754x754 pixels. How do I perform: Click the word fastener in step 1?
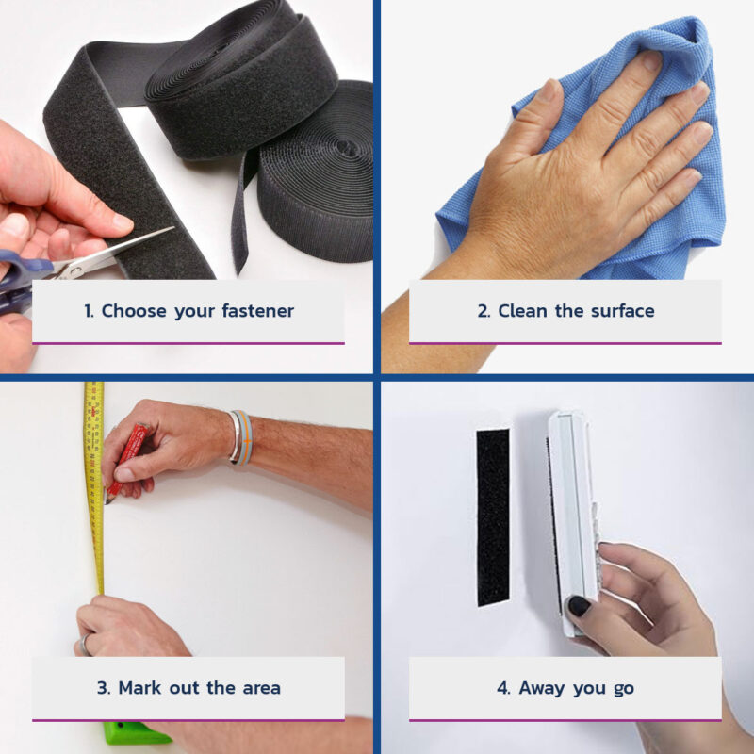pyautogui.click(x=257, y=311)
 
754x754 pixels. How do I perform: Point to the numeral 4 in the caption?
pyautogui.click(x=503, y=688)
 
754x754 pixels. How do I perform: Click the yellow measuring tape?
pyautogui.click(x=95, y=485)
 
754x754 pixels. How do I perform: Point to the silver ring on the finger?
pyautogui.click(x=85, y=645)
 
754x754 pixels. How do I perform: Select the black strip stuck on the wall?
pyautogui.click(x=493, y=516)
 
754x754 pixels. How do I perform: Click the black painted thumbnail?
pyautogui.click(x=579, y=606)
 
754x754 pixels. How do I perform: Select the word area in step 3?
pyautogui.click(x=262, y=688)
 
